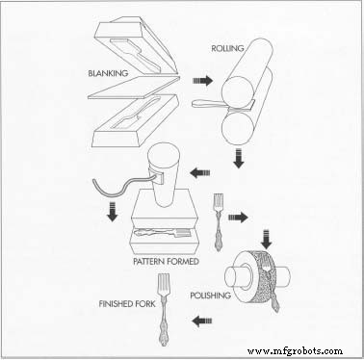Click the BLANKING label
coord(108,73)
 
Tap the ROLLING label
coord(227,48)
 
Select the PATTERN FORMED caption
coord(167,261)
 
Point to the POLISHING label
coord(210,296)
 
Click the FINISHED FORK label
coord(127,303)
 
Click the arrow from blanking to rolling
coord(202,81)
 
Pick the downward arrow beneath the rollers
coord(238,158)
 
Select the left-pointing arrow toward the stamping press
coord(200,173)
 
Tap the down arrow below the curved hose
coord(112,212)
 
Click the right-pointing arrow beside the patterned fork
coord(238,218)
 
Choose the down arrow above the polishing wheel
coord(267,240)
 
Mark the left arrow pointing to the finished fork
coord(202,321)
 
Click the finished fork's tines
coord(164,283)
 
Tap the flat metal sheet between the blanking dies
coord(134,88)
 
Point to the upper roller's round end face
coord(238,90)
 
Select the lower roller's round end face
coord(238,129)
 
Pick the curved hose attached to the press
coord(125,185)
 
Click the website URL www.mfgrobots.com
coord(295,351)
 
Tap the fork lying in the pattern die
coord(162,232)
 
